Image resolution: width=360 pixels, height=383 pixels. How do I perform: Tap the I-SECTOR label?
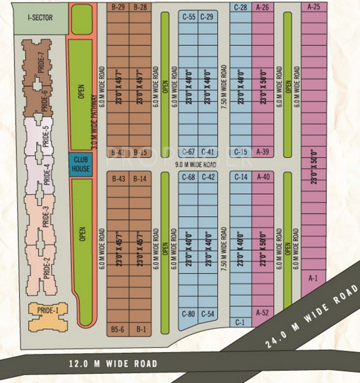pos(40,18)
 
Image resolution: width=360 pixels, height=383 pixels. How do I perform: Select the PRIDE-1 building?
pos(48,311)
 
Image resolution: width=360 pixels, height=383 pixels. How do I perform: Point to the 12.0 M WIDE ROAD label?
pos(113,364)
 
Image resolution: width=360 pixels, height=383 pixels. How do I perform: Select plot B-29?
pos(117,7)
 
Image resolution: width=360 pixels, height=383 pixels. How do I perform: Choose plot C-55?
pos(188,17)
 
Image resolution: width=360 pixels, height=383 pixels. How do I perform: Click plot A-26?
pos(263,7)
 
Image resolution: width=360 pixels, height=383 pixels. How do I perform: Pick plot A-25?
pos(313,7)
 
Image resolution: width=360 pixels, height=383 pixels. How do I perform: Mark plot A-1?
pos(313,278)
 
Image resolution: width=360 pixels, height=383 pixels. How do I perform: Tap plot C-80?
pos(188,314)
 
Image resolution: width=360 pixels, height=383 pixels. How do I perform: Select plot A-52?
pos(263,313)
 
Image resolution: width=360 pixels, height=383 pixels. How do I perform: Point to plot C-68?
pos(188,177)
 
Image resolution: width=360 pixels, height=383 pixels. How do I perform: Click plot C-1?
pos(240,322)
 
